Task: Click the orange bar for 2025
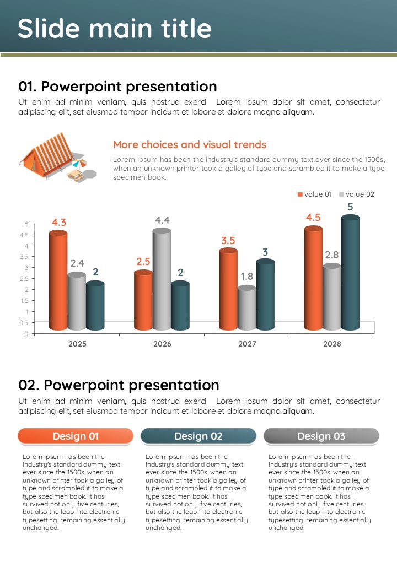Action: (58, 281)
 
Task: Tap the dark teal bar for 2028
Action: (350, 273)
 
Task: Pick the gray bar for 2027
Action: (247, 309)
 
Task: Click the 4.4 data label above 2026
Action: (162, 220)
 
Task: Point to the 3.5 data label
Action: (228, 241)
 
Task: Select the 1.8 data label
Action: (247, 277)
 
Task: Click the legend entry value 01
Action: (315, 194)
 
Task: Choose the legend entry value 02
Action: (357, 194)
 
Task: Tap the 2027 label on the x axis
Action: (247, 344)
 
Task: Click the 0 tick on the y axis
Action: (26, 334)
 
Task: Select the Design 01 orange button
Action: (76, 436)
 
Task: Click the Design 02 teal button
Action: (198, 436)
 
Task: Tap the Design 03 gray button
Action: (321, 436)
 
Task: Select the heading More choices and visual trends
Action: (190, 145)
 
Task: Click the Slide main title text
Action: (115, 29)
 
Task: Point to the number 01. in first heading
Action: (28, 87)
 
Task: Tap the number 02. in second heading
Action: (29, 385)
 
